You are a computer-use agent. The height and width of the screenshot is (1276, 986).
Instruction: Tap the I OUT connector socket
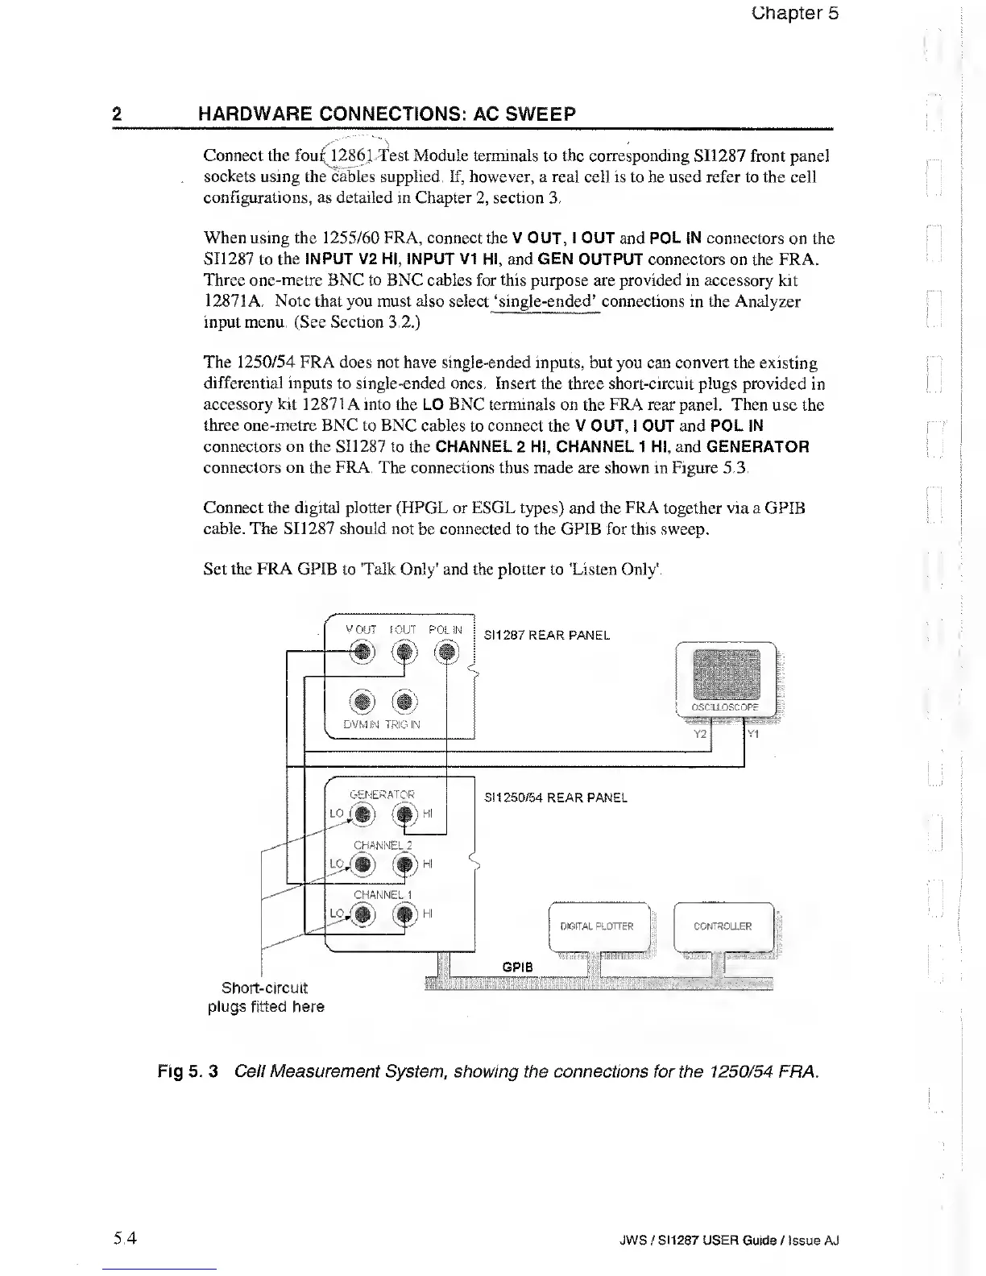click(x=404, y=652)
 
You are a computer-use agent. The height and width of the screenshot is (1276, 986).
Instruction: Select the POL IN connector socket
click(x=446, y=652)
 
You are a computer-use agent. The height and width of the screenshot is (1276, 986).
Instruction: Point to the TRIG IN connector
click(x=404, y=700)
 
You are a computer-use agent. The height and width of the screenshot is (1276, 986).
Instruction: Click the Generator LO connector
click(x=363, y=814)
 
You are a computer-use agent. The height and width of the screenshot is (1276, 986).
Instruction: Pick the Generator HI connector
click(x=404, y=814)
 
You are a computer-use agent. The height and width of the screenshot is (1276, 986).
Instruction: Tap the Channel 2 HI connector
click(x=404, y=864)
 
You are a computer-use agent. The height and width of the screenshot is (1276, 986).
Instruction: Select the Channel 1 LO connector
click(x=363, y=913)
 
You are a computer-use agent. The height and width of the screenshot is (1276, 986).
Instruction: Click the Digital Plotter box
click(x=597, y=926)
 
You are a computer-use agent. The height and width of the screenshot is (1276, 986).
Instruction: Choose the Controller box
click(x=723, y=926)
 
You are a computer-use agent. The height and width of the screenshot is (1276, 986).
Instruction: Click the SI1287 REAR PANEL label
click(x=546, y=635)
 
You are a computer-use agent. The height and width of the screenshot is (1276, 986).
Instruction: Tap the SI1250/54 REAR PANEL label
click(x=555, y=797)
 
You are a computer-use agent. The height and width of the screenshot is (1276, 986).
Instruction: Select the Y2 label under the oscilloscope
click(x=700, y=734)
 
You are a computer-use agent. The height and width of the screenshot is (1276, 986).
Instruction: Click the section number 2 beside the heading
click(x=117, y=114)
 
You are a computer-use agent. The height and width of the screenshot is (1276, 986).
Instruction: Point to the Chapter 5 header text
click(x=794, y=13)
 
